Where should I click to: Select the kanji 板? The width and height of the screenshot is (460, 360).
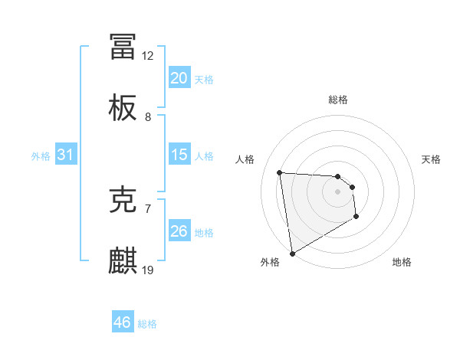123,109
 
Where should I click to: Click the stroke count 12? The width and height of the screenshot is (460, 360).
148,56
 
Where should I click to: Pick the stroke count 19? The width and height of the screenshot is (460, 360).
148,270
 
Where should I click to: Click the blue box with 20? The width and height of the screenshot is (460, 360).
179,78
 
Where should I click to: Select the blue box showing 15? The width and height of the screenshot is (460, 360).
179,155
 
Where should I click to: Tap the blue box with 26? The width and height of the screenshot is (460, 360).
179,231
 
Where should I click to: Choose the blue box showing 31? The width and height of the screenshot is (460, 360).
66,155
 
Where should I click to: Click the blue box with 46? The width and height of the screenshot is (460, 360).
123,322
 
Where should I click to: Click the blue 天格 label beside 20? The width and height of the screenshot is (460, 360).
204,79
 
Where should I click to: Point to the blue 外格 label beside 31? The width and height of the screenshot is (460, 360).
41,156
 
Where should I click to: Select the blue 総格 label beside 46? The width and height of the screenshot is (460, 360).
148,324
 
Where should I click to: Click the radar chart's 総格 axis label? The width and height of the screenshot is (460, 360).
338,100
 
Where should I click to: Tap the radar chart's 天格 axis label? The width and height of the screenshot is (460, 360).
431,159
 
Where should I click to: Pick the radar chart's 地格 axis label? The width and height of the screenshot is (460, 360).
402,262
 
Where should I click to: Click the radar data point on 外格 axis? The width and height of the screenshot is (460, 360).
292,253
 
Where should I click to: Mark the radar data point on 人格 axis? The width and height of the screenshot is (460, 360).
280,172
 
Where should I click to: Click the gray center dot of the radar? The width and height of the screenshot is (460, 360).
337,191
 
